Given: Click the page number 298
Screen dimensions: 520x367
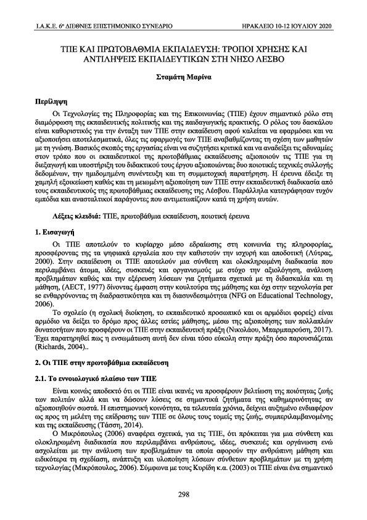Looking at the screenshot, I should (x=183, y=493).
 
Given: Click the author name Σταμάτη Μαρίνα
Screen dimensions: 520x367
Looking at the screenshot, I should (x=183, y=79).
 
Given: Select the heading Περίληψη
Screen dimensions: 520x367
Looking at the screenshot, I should (x=51, y=101).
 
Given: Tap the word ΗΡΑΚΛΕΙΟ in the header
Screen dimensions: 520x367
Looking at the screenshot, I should (x=263, y=27).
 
